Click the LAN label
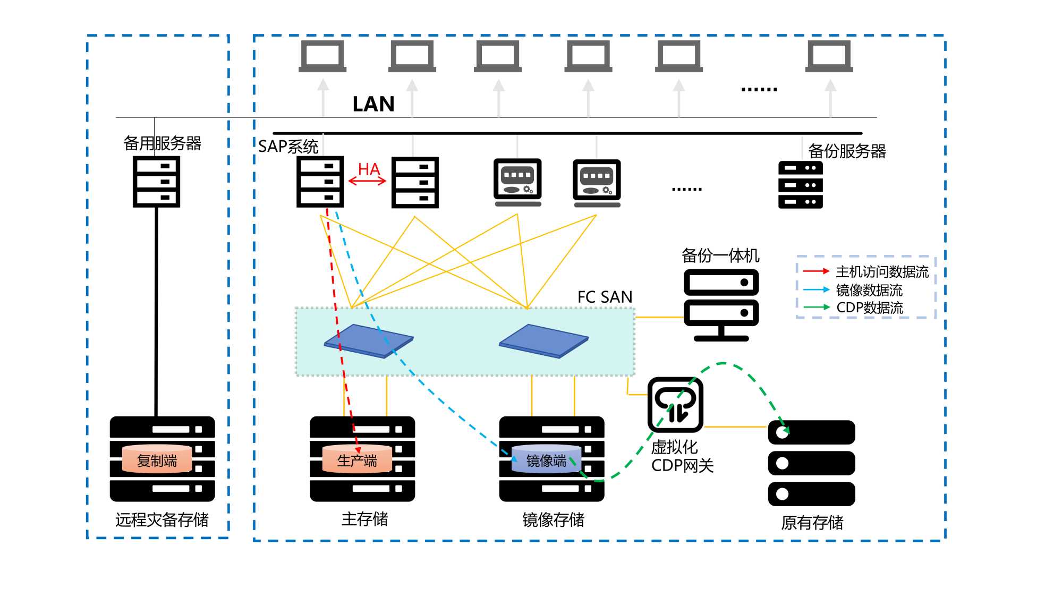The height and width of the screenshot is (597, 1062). click(373, 104)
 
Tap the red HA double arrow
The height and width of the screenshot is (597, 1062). click(367, 181)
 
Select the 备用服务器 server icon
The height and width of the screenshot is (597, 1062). click(156, 182)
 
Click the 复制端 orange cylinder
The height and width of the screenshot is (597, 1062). click(157, 459)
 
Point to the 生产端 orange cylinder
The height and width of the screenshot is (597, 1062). click(356, 459)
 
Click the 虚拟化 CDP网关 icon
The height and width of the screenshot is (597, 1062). click(675, 405)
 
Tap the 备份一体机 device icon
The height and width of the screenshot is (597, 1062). click(721, 304)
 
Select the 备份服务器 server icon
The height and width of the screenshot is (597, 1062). click(800, 185)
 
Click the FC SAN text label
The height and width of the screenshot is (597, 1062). click(605, 297)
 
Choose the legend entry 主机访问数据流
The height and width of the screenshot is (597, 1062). click(882, 272)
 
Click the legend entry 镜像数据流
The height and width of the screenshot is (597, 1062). click(869, 290)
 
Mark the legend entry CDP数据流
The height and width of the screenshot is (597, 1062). click(870, 308)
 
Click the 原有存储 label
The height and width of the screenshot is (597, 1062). click(812, 523)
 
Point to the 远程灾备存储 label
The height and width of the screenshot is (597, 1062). click(162, 519)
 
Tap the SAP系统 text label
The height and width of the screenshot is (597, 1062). click(288, 146)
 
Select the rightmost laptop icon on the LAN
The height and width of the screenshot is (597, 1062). click(829, 56)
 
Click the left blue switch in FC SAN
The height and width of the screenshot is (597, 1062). click(369, 340)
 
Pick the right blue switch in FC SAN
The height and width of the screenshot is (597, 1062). click(543, 340)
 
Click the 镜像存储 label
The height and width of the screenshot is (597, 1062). click(553, 519)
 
